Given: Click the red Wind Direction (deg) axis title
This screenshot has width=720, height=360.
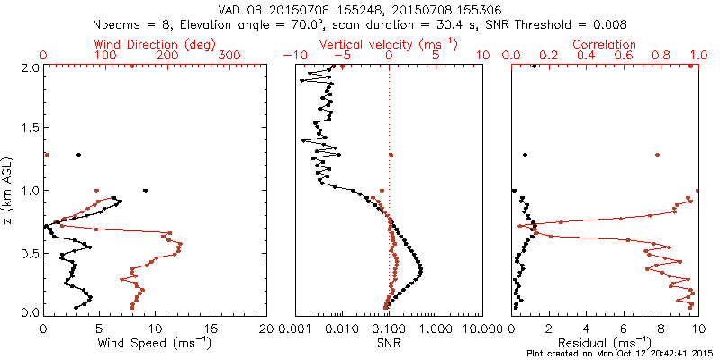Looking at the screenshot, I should coord(147,44).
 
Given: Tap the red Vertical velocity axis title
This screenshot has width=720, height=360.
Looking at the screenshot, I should coord(389,44).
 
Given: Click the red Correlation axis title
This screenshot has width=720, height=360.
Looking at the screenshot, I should coord(605,44).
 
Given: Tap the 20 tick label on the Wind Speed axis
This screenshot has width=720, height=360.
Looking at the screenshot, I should coord(265,328).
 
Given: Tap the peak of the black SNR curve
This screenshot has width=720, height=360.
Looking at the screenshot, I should coord(421,269).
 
